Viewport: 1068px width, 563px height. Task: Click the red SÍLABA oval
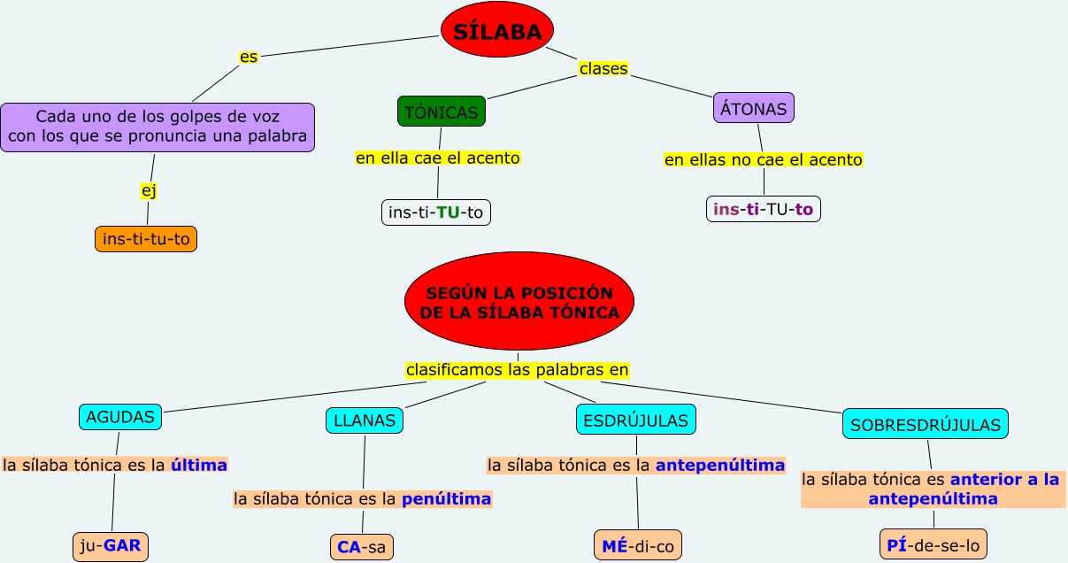(x=497, y=29)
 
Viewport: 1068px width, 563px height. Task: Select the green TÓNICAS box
(x=442, y=112)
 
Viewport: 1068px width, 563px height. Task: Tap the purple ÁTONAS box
(x=754, y=108)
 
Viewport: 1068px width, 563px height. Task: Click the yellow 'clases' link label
(x=603, y=69)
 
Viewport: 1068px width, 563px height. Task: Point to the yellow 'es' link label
(x=249, y=57)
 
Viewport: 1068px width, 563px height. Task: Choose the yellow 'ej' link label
(x=149, y=191)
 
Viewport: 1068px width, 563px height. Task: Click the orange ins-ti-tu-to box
(x=146, y=239)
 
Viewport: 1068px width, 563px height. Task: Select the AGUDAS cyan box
(x=120, y=417)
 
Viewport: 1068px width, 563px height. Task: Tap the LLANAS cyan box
(x=365, y=420)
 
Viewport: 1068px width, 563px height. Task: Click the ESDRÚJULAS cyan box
(x=636, y=420)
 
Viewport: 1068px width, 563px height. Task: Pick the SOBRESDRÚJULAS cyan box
(x=926, y=424)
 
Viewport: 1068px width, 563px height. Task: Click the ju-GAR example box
(x=111, y=546)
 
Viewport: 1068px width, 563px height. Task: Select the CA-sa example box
(x=362, y=547)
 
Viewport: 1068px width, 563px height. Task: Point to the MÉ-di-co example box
(x=638, y=545)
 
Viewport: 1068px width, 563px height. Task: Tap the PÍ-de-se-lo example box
(x=934, y=544)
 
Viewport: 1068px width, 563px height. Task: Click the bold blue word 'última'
(x=199, y=465)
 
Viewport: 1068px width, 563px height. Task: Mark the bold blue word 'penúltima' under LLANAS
(x=446, y=499)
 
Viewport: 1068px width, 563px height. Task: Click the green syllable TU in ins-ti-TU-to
(x=448, y=212)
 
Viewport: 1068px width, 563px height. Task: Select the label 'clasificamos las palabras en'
(x=518, y=370)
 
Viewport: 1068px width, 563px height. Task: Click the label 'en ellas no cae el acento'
(x=764, y=160)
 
